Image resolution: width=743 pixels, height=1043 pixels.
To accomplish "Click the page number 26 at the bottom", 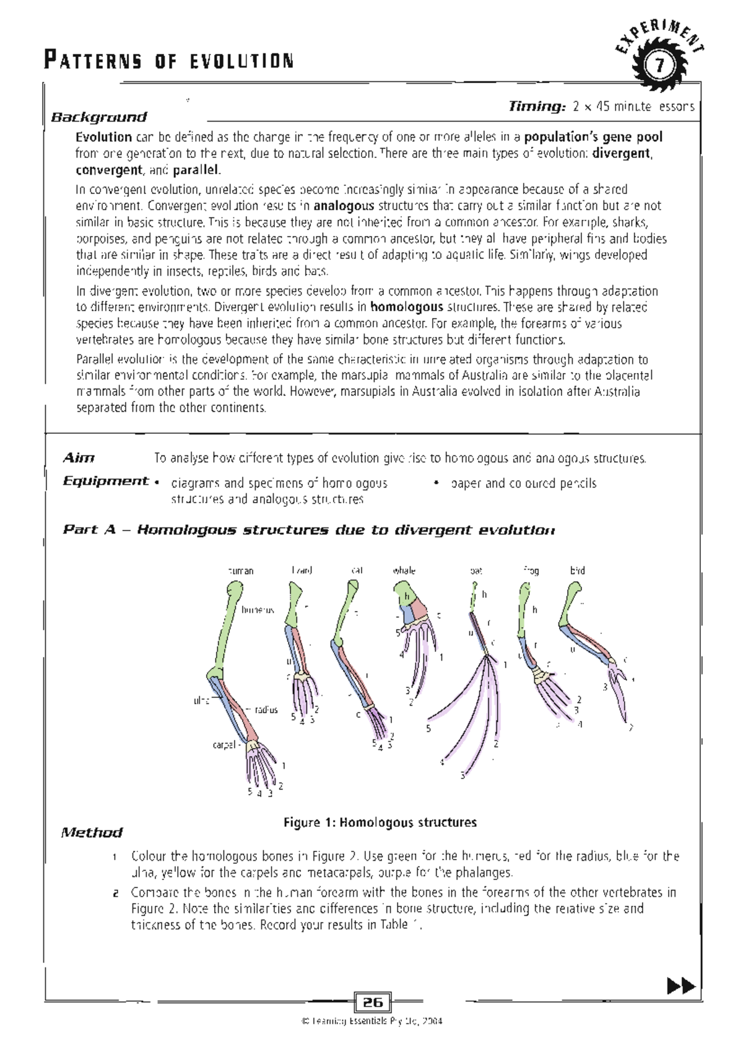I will coord(373,1002).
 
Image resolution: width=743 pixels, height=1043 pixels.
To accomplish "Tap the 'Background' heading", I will coord(99,117).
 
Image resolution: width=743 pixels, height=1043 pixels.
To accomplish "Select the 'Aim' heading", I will coord(79,458).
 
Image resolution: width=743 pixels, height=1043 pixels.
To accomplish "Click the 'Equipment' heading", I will coord(106,482).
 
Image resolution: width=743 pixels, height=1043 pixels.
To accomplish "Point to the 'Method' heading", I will coord(92,832).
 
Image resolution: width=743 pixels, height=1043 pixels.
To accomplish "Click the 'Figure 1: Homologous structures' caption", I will coord(380,822).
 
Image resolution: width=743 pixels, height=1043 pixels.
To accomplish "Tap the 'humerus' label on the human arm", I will coord(258,610).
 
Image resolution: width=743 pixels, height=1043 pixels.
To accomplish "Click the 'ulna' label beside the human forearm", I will coord(201,701).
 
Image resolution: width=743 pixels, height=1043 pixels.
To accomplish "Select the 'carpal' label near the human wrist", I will coord(224,745).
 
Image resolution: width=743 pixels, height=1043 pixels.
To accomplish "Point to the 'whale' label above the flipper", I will coord(404,571).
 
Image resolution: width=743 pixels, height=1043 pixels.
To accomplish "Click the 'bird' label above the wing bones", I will coord(577,571).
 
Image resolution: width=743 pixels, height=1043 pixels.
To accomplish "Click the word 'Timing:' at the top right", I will coord(537,107).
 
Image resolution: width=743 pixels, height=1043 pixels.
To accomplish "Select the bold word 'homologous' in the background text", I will coord(407,307).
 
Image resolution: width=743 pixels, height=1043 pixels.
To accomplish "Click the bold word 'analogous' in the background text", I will coord(344,206).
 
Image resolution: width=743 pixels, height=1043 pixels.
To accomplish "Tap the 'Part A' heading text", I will coord(90,530).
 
